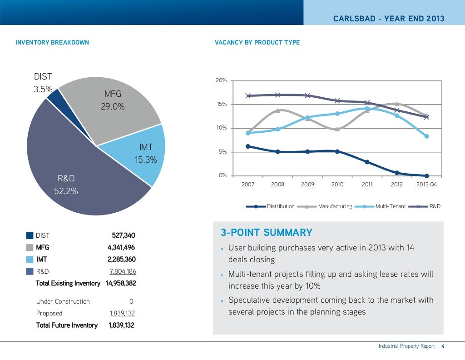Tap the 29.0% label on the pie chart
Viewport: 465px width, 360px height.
(113, 107)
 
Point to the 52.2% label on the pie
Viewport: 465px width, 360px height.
(66, 191)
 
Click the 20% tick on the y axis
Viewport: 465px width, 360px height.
(221, 80)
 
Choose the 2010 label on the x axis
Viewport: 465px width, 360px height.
(337, 185)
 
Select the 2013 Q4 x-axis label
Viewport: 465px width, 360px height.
(426, 185)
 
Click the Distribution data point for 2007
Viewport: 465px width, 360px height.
(248, 146)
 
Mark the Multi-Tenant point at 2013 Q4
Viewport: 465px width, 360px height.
(426, 136)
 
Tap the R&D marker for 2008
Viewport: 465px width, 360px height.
(278, 95)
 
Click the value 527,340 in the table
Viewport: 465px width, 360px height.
(124, 235)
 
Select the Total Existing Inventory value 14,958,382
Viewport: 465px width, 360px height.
(120, 283)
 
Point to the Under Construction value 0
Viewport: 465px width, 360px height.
(131, 301)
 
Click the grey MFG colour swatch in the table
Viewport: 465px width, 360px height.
(30, 248)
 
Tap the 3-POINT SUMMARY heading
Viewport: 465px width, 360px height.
(267, 233)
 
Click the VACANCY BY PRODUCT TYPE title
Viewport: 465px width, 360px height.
(257, 42)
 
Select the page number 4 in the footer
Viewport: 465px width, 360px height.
(442, 346)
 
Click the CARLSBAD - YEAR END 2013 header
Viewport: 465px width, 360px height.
(389, 19)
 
